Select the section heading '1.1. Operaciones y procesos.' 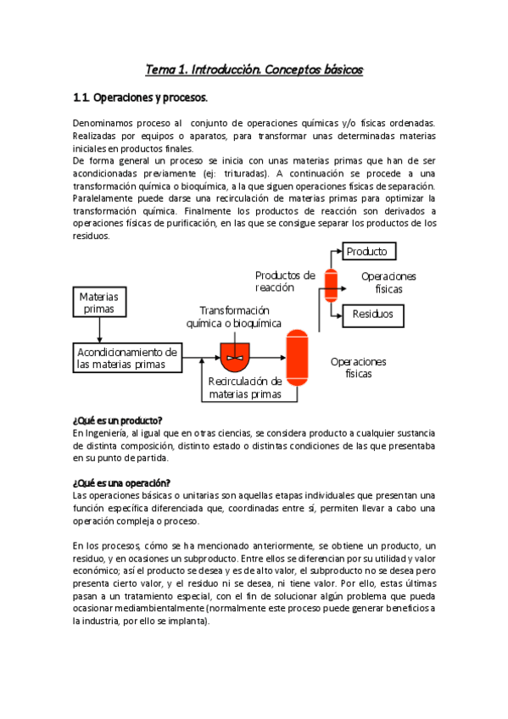[x=140, y=98]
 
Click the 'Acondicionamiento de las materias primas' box [x=126, y=359]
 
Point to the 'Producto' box [x=368, y=252]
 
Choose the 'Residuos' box [x=373, y=315]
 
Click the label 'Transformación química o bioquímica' [x=234, y=317]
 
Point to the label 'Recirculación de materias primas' [x=245, y=388]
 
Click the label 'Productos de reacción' [x=285, y=281]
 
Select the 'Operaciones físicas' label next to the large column [x=358, y=367]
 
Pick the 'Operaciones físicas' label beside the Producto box [x=388, y=282]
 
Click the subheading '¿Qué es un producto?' [x=118, y=421]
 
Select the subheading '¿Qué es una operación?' [x=121, y=482]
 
